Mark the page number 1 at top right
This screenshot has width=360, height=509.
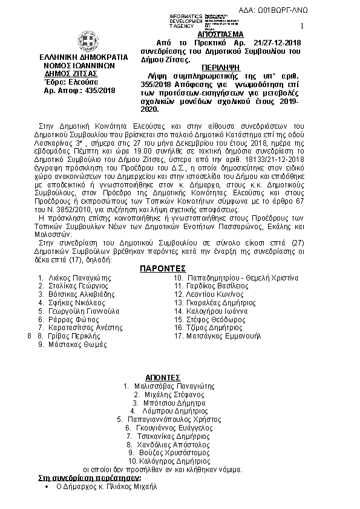click(302, 26)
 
